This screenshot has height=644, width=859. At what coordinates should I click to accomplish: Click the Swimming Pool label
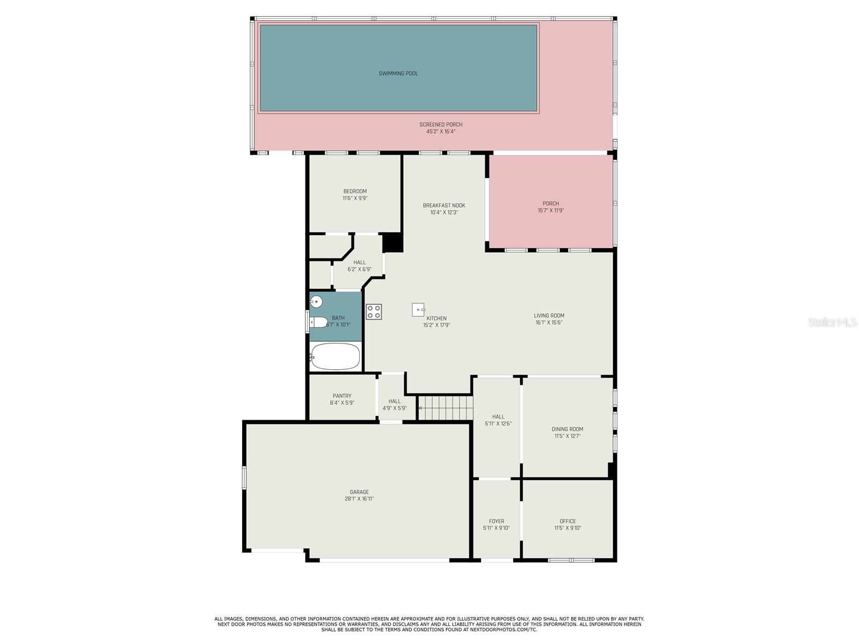[398, 74]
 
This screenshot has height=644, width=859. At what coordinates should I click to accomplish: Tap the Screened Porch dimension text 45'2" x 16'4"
[441, 131]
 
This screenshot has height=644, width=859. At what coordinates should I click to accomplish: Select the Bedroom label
[355, 191]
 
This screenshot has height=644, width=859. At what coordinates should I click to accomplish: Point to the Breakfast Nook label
[444, 206]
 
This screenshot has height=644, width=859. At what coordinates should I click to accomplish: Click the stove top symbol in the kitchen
[374, 312]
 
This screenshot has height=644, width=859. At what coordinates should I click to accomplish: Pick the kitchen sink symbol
[418, 310]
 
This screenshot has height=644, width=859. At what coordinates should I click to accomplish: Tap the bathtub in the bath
[336, 356]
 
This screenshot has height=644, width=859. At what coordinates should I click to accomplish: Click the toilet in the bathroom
[318, 323]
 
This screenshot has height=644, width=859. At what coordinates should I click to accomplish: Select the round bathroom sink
[316, 302]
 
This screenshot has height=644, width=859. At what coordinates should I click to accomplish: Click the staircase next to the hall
[446, 408]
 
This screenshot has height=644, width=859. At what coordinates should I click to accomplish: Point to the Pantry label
[342, 396]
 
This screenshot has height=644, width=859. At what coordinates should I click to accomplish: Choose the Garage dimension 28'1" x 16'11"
[359, 499]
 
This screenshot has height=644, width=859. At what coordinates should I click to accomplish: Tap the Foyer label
[496, 521]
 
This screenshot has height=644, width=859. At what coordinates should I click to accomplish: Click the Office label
[567, 521]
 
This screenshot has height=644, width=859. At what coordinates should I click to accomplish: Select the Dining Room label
[567, 429]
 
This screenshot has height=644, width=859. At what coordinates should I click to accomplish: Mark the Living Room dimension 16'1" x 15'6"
[549, 323]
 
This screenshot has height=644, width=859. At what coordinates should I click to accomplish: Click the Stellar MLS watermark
[832, 322]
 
